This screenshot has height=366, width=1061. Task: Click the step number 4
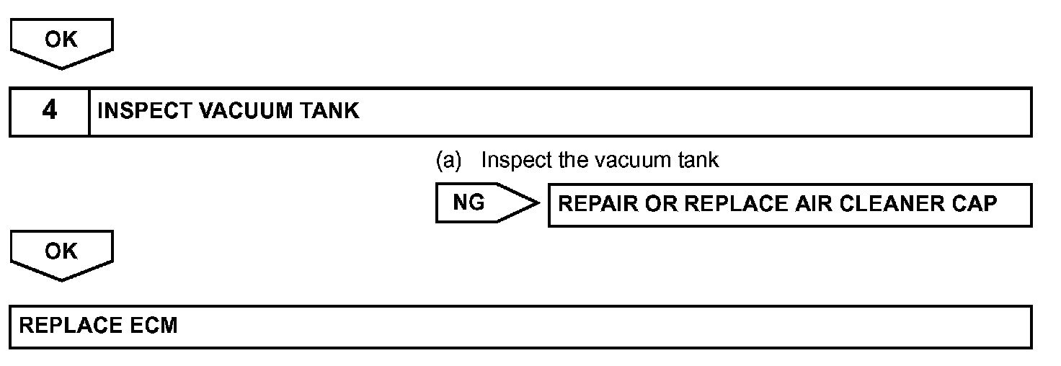[x=49, y=111]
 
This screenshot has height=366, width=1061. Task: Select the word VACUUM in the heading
[x=247, y=111]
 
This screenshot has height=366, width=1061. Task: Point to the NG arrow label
[x=469, y=203]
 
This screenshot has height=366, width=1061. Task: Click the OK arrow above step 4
[x=61, y=40]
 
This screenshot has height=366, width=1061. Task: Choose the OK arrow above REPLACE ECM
[x=61, y=251]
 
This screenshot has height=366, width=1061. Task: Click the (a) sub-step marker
[x=448, y=159]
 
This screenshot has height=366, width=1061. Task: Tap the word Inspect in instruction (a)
[x=517, y=159]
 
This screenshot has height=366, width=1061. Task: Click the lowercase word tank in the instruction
[x=698, y=159]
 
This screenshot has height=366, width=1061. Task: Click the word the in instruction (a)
[x=573, y=159]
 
